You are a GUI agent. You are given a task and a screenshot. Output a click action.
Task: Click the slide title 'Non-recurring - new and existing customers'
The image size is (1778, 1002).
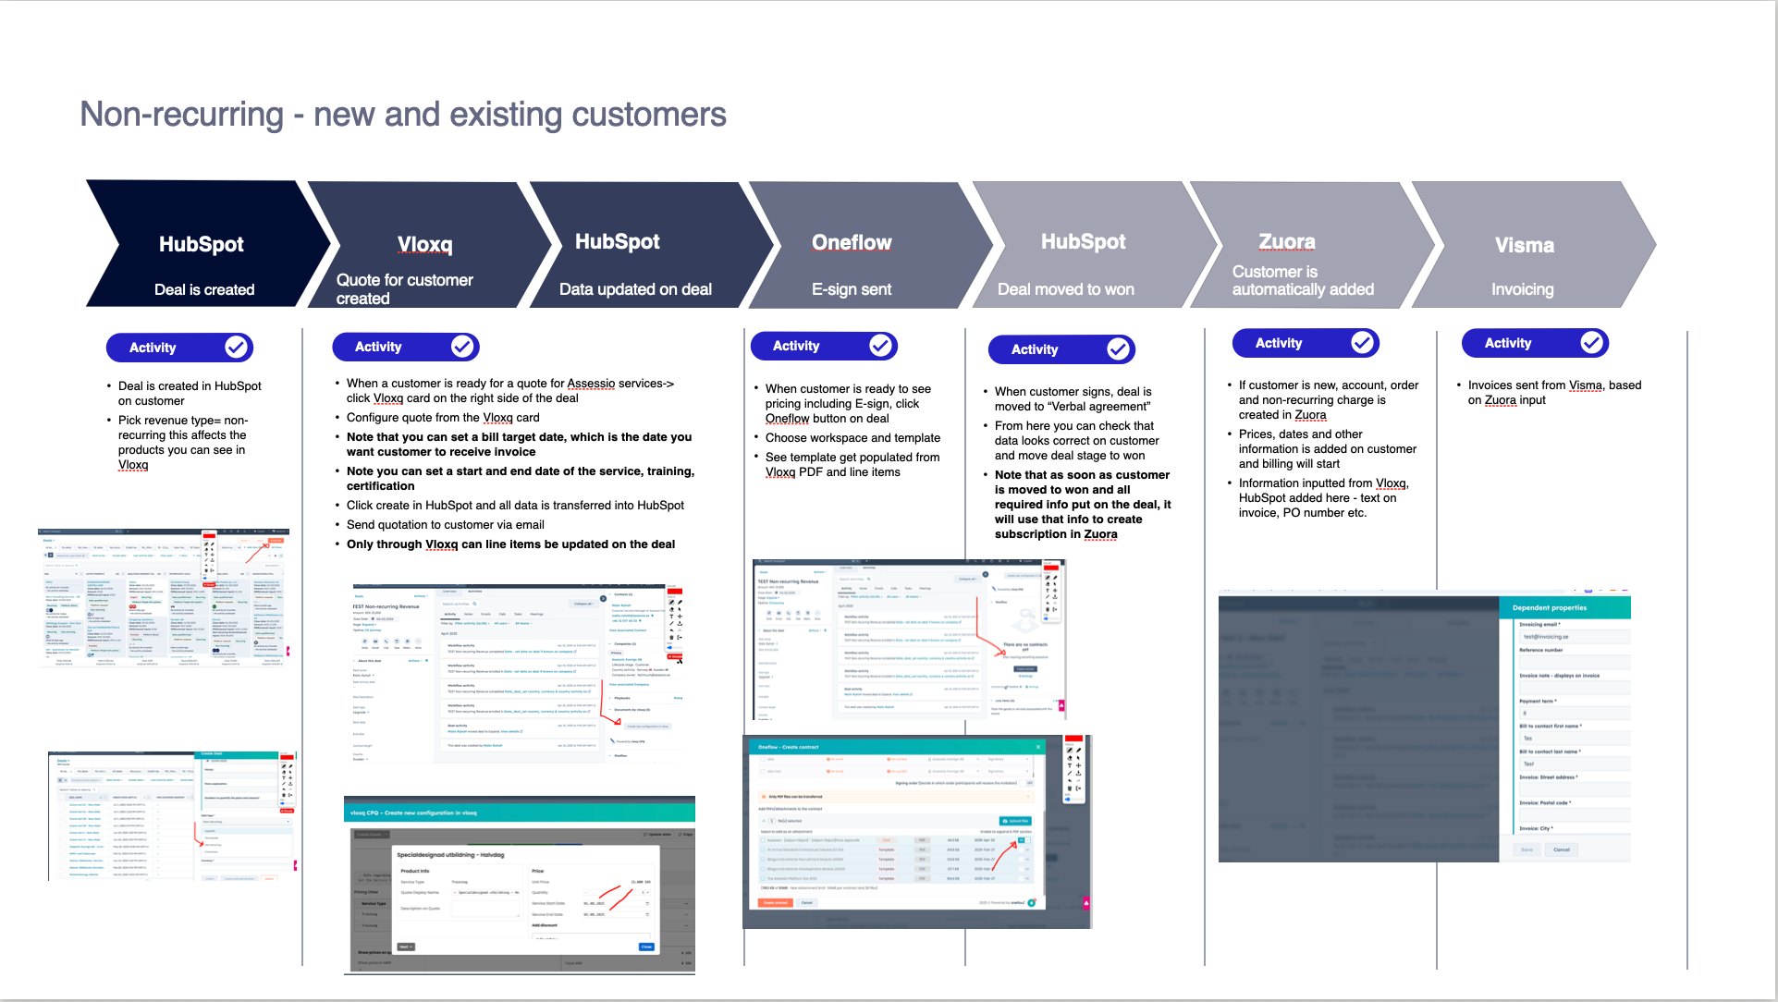(x=403, y=115)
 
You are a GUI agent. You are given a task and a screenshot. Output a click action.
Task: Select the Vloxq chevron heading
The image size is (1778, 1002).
(x=424, y=244)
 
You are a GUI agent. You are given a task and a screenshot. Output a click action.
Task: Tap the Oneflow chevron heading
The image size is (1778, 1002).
(x=852, y=242)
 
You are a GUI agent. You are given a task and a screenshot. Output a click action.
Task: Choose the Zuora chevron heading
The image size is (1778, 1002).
(x=1286, y=241)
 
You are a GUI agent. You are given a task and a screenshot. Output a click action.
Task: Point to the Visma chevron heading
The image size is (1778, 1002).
(x=1524, y=245)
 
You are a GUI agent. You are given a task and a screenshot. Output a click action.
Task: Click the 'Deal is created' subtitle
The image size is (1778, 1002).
(x=204, y=289)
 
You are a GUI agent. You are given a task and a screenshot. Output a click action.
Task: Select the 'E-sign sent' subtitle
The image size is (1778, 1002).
(x=851, y=289)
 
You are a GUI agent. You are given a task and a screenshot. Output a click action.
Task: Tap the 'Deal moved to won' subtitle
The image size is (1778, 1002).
(x=1065, y=289)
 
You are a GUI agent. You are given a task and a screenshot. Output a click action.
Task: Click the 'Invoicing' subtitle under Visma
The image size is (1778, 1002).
(x=1522, y=289)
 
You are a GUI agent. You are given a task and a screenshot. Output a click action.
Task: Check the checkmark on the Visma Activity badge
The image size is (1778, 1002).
(x=1591, y=343)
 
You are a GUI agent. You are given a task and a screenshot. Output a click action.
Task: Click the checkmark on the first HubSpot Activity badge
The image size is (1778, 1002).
(x=237, y=348)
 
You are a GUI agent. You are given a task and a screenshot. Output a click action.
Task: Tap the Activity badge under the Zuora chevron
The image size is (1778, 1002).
(x=1305, y=343)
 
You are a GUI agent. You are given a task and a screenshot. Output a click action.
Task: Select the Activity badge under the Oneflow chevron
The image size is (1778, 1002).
(x=823, y=346)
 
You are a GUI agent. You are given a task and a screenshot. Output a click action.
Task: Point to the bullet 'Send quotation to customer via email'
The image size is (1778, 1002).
(x=445, y=525)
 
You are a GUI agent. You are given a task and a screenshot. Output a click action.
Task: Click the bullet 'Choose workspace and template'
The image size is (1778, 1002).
(x=852, y=438)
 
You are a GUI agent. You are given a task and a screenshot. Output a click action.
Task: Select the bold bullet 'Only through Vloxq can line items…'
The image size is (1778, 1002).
(x=510, y=544)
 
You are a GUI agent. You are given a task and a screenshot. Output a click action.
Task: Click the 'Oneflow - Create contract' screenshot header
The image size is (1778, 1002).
(x=789, y=747)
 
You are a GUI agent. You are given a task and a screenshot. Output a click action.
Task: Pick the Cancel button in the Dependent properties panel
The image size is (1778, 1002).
(x=1561, y=849)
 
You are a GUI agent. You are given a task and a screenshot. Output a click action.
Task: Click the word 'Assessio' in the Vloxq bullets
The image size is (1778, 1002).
(x=590, y=384)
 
